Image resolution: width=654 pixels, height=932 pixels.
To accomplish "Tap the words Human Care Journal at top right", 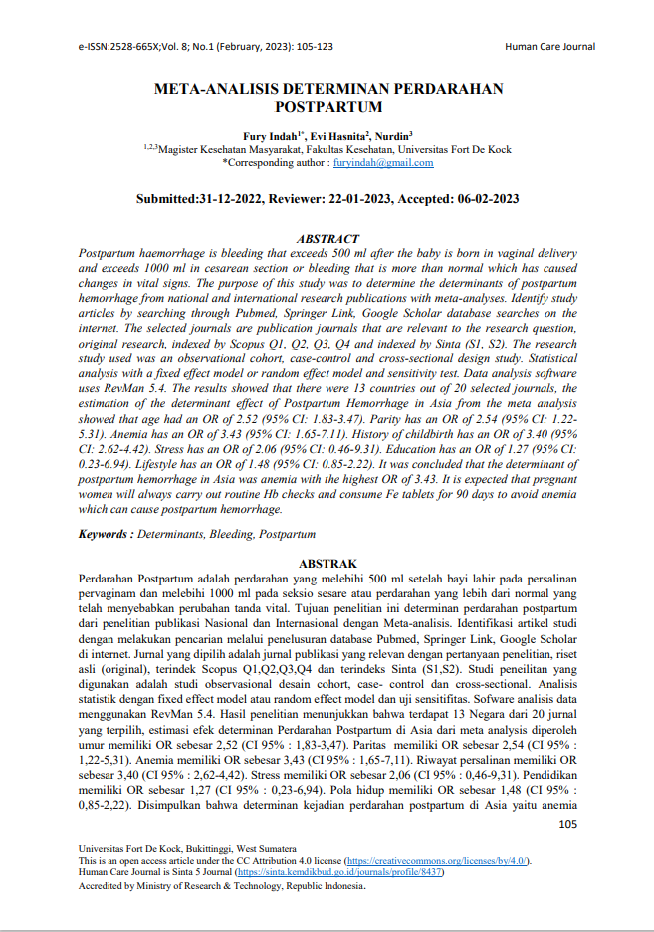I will [549, 47].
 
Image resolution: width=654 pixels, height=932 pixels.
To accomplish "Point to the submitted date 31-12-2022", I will [231, 199].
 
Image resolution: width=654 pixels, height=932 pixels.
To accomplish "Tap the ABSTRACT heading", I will [327, 239].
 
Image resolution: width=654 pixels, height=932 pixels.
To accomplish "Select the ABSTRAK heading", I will [327, 564].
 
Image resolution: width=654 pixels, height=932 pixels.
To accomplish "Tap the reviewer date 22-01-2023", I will [346, 199].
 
